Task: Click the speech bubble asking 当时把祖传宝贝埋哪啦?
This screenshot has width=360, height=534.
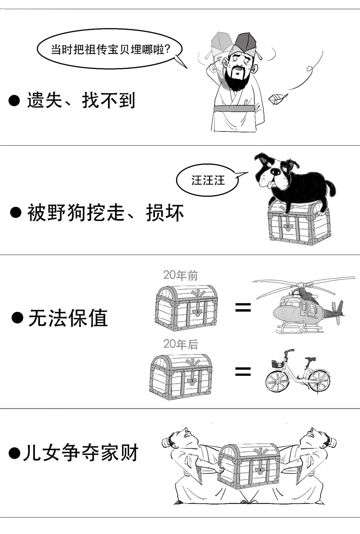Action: pos(110,49)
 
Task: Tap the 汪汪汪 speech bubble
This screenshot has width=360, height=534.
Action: pos(207,180)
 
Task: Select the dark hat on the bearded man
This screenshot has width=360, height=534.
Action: pos(245,42)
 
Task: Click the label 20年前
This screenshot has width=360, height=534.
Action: pos(180,276)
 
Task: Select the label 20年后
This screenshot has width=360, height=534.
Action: pos(180,344)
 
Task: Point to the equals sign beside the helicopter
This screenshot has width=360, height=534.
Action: pos(243,307)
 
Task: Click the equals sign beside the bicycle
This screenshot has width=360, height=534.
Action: pos(243,371)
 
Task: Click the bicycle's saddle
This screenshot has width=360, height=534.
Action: pos(310,359)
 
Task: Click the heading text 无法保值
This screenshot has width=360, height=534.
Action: pos(68,318)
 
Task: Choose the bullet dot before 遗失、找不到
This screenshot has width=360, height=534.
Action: pos(14,100)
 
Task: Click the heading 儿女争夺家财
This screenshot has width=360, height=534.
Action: pos(80,453)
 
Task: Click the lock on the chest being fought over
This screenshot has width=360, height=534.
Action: pos(259,470)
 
